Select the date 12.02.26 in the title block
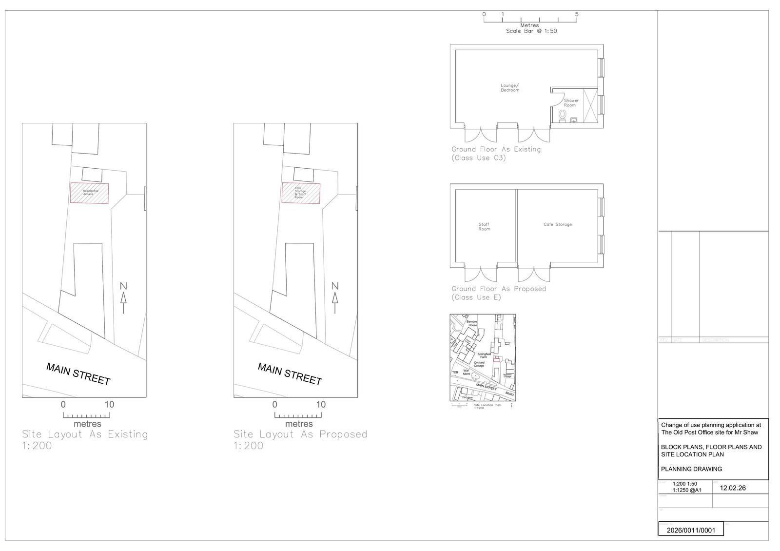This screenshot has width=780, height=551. click(x=733, y=488)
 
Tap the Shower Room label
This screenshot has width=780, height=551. click(x=571, y=103)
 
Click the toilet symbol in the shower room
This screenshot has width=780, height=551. click(x=563, y=116)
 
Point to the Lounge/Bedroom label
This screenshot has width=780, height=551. click(x=509, y=88)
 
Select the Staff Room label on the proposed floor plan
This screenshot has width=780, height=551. click(x=484, y=227)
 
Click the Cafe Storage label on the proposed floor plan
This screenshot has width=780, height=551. click(x=557, y=224)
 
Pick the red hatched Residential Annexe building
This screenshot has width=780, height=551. click(x=89, y=193)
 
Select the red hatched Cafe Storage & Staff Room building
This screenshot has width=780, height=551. click(x=301, y=193)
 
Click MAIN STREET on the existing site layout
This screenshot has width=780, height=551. click(x=78, y=374)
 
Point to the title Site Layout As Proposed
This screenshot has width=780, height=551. click(x=300, y=434)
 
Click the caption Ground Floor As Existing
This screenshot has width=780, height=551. click(x=496, y=149)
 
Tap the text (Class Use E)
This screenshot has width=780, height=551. click(x=476, y=297)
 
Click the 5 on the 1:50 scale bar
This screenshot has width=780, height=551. click(x=577, y=14)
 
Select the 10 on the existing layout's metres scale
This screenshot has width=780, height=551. click(x=109, y=404)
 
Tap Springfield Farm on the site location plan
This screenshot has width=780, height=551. click(x=484, y=355)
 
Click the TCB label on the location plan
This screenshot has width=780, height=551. click(x=455, y=373)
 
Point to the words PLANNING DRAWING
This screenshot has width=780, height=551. click(x=691, y=469)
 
